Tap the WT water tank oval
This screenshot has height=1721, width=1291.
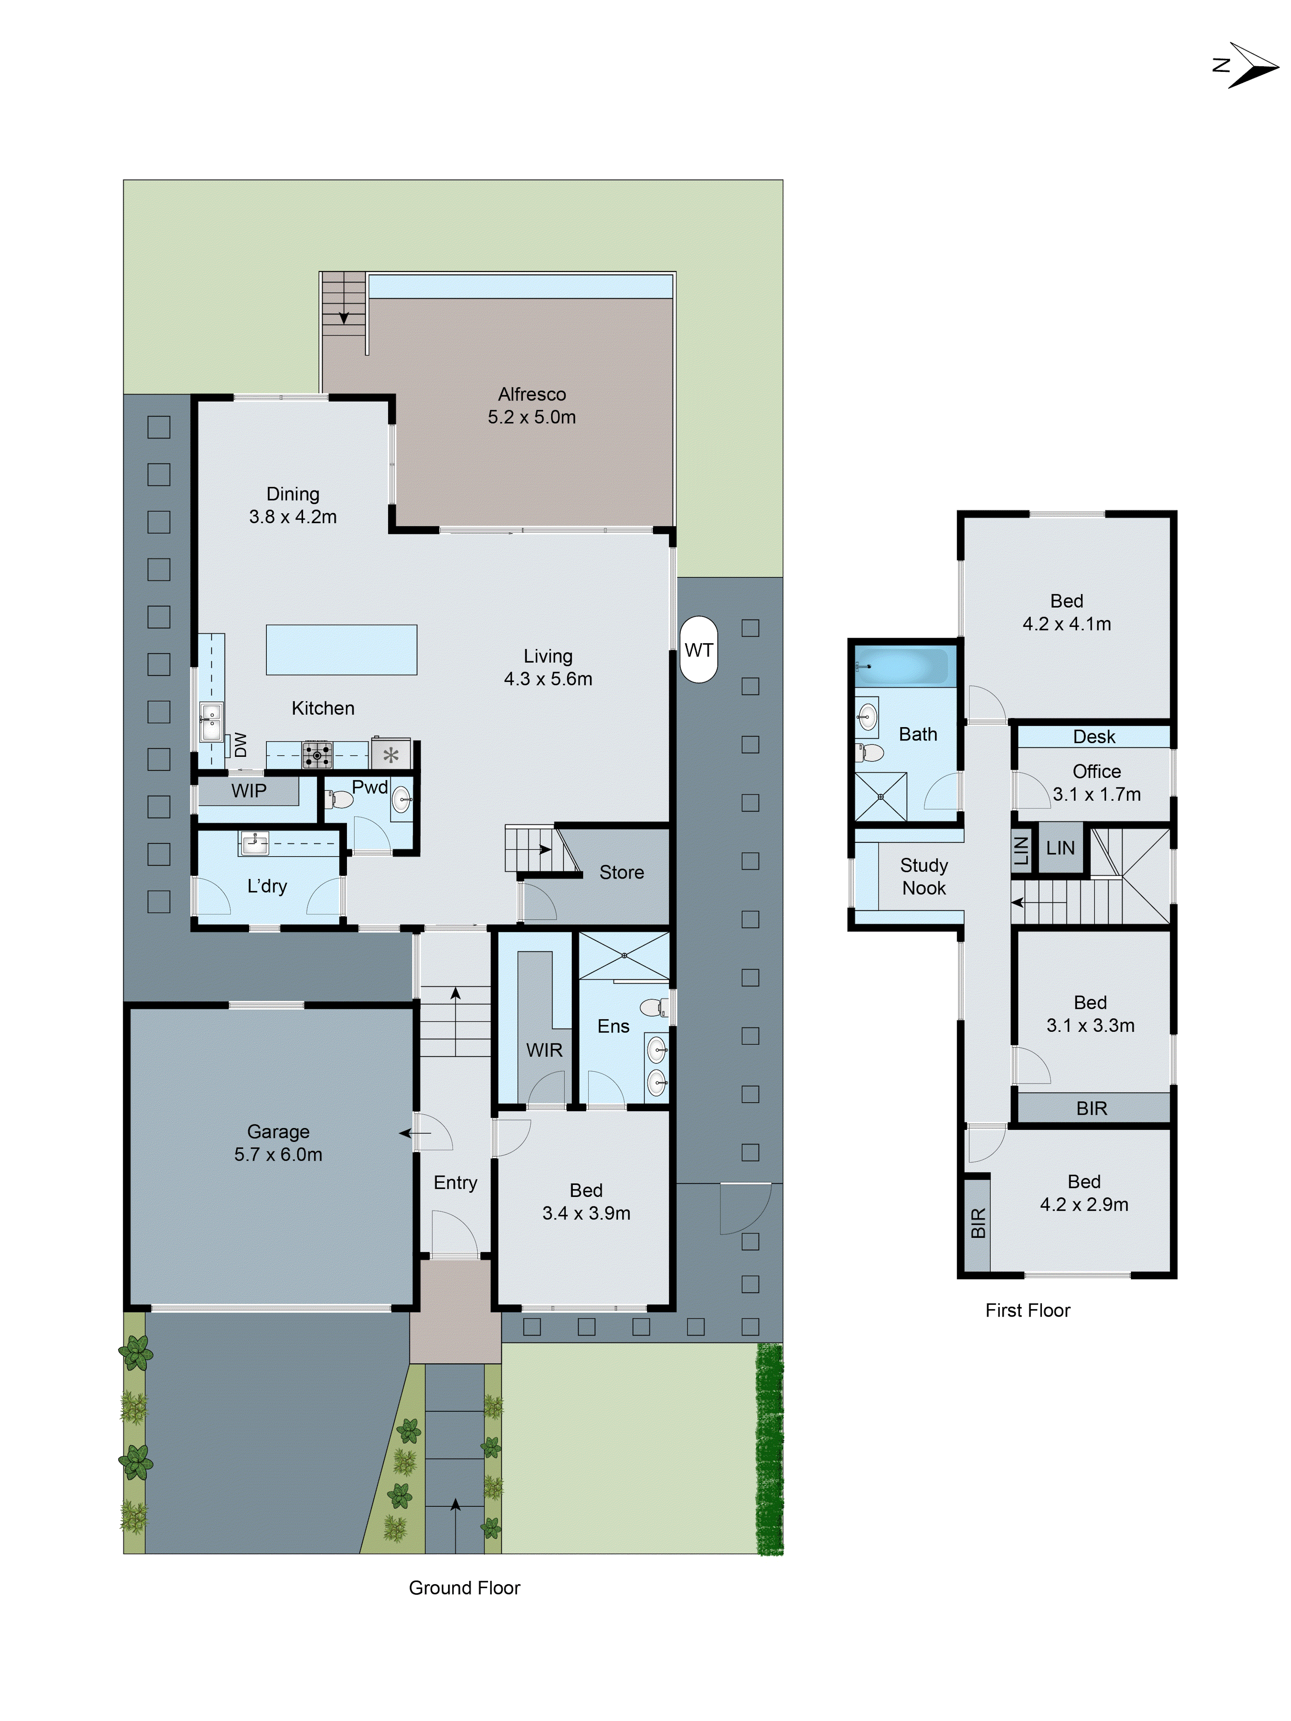tap(698, 650)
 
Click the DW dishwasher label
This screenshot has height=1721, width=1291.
tap(241, 745)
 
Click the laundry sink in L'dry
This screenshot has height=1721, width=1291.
tap(254, 842)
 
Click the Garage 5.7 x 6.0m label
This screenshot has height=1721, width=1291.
tap(278, 1143)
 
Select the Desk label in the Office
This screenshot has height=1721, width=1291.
tap(1093, 737)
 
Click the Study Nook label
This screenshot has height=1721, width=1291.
tap(923, 877)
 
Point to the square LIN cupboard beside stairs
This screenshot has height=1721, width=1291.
tap(1060, 848)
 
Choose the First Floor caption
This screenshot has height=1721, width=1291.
tap(1027, 1310)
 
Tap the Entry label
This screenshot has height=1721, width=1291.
tap(455, 1183)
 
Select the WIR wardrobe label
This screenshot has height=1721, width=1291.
tap(544, 1050)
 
